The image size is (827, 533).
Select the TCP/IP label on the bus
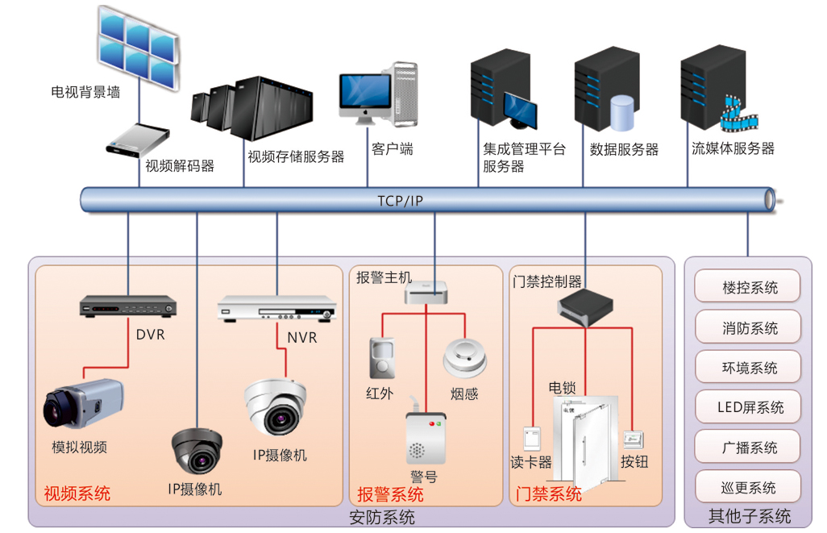point(400,200)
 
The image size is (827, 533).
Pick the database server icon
point(605,90)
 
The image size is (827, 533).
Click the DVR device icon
point(128,306)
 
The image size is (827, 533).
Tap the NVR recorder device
point(276,308)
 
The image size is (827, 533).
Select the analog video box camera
point(83,402)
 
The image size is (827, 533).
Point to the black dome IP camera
point(197,450)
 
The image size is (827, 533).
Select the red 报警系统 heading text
point(390,493)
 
